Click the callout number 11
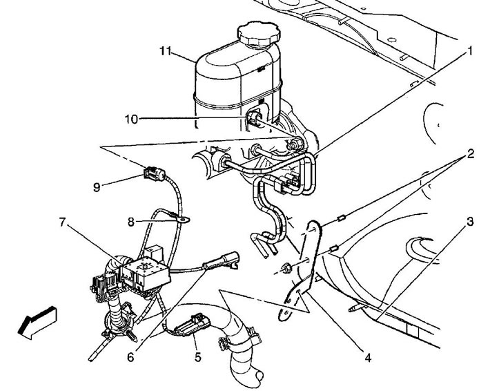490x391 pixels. tap(166, 51)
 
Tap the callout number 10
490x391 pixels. tap(131, 120)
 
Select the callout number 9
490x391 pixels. tap(97, 187)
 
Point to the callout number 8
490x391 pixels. tap(130, 222)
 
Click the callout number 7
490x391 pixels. tap(63, 222)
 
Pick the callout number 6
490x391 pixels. tap(130, 357)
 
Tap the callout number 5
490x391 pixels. tap(197, 357)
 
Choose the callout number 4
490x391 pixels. tap(368, 358)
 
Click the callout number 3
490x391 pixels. tap(470, 222)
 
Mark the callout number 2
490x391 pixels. tap(470, 153)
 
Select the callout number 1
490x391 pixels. tap(469, 51)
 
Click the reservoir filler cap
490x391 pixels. tap(258, 35)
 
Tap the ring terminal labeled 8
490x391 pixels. tap(183, 220)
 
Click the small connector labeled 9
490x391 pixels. tap(155, 173)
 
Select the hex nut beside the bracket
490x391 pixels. tap(286, 269)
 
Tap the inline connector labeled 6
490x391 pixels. tap(222, 260)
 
